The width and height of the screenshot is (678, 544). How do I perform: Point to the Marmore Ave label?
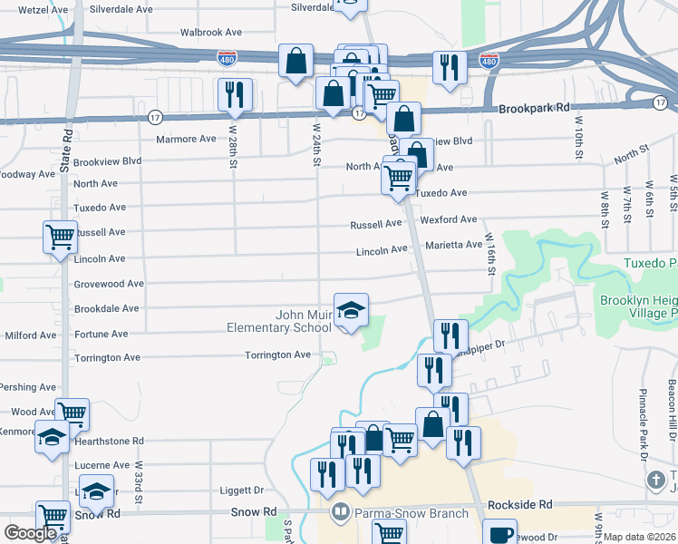(x=187, y=139)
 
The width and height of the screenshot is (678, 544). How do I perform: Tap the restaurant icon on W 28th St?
(x=235, y=94)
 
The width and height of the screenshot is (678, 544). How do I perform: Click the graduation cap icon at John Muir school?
(x=351, y=311)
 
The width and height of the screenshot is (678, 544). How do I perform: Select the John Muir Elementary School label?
(x=290, y=322)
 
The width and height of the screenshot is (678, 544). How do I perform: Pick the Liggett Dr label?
(x=241, y=490)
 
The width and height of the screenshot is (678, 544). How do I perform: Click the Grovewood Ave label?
(x=110, y=284)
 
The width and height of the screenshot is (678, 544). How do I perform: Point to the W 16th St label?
(x=491, y=258)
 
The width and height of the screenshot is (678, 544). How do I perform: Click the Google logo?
(x=31, y=533)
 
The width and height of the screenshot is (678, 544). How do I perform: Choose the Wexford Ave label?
(x=448, y=219)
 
